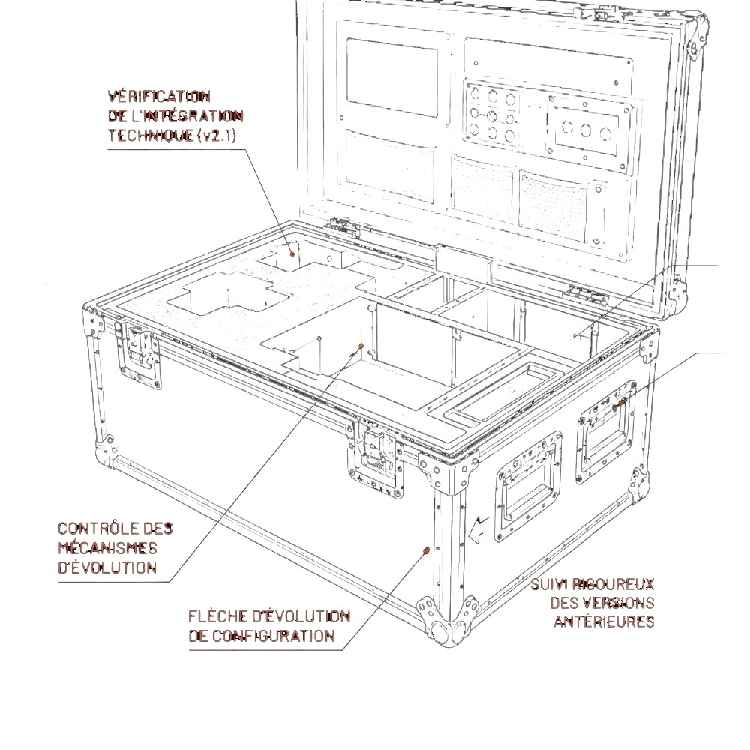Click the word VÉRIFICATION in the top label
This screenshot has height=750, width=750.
(x=159, y=97)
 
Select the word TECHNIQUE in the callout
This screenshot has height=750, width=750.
(x=151, y=136)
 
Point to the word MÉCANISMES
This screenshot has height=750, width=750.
(x=107, y=548)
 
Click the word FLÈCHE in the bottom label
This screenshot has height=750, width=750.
(x=214, y=616)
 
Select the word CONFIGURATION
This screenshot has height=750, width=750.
(x=273, y=636)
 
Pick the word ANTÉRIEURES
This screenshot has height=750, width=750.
(x=604, y=622)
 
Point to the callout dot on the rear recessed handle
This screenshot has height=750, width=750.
(x=621, y=403)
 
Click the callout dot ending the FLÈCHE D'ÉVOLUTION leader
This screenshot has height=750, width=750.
(x=426, y=550)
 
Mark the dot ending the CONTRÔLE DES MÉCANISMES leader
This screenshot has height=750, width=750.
(x=361, y=345)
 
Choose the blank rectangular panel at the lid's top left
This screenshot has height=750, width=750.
(x=392, y=77)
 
